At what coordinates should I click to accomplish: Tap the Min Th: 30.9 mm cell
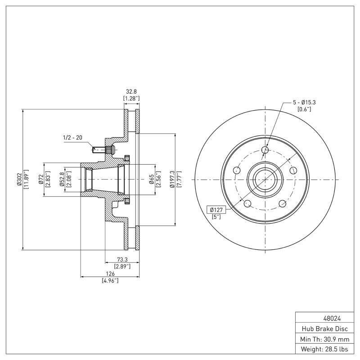coord(327,339)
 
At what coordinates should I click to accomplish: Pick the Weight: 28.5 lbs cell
coord(327,349)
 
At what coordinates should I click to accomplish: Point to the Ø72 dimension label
coord(40,179)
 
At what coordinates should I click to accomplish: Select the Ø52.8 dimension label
coord(62,179)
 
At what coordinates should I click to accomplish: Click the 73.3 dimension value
coord(122,260)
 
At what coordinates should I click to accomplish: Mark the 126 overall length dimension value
coord(110,274)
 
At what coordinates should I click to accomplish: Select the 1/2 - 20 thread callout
coord(72,138)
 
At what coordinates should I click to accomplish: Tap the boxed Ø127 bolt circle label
coord(216,209)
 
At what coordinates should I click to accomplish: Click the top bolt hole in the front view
coord(265,150)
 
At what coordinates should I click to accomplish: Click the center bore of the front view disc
coord(265,179)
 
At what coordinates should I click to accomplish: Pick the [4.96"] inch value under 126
coord(110,280)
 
